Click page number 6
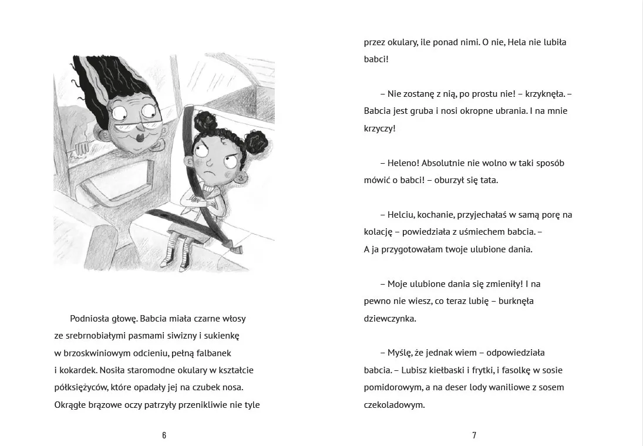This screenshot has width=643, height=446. click(x=164, y=435)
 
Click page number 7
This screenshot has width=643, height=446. click(x=474, y=435)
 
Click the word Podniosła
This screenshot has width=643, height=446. click(x=87, y=319)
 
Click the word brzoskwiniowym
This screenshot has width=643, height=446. click(x=97, y=353)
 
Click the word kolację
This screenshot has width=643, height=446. click(x=379, y=232)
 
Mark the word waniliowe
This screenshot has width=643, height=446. click(x=501, y=387)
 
